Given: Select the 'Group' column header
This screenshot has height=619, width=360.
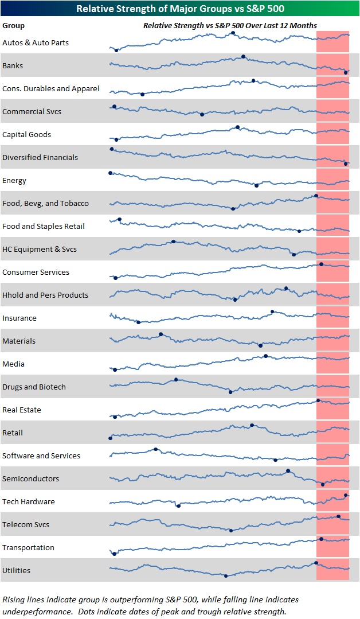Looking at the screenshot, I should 13,26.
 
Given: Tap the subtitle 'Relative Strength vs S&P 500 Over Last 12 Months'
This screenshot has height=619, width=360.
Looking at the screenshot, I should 229,26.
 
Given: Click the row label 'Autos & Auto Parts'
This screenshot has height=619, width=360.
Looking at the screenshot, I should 36,43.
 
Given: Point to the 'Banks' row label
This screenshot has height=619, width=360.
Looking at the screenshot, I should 13,66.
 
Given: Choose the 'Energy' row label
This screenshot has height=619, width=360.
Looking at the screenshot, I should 14,181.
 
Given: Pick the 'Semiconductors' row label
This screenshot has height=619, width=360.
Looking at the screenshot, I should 30,479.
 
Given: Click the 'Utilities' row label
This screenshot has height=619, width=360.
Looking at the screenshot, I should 17,571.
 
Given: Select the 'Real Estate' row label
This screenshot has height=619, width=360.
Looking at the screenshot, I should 22,410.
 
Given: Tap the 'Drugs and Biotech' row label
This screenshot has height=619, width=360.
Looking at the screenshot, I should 34,387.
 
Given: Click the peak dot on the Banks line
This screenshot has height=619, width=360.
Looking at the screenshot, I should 244,56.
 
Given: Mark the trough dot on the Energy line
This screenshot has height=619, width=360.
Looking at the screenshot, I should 256,185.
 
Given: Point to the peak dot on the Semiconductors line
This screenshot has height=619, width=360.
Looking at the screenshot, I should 288,470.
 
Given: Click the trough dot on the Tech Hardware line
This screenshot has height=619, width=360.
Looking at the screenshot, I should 178,505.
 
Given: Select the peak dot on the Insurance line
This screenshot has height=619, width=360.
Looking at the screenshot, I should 272,312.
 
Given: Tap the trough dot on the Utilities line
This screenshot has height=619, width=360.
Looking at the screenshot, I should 226,575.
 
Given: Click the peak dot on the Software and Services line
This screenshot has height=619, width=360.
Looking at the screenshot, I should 156,449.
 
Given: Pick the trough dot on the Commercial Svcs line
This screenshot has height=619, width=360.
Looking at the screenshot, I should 202,114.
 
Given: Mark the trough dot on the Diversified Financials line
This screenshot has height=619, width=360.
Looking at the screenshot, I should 346,164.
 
